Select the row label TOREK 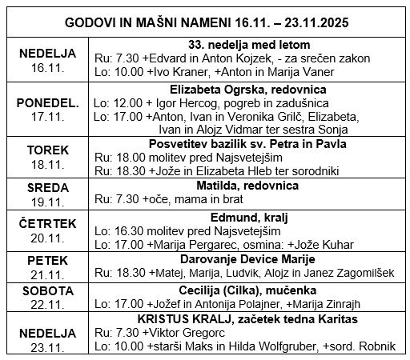(x=47, y=149)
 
